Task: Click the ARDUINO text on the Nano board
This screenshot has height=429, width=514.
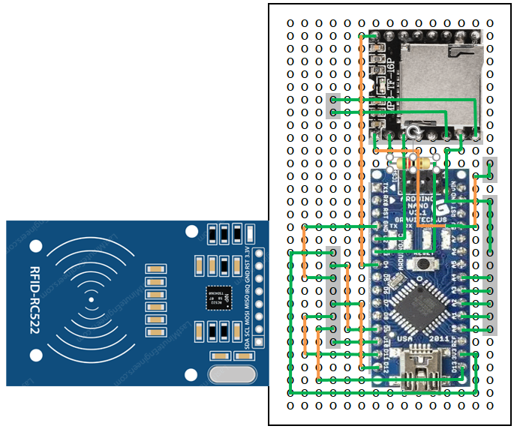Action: click(x=411, y=198)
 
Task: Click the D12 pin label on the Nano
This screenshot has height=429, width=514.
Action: click(x=386, y=367)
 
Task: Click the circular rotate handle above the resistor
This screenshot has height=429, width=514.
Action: click(x=411, y=135)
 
